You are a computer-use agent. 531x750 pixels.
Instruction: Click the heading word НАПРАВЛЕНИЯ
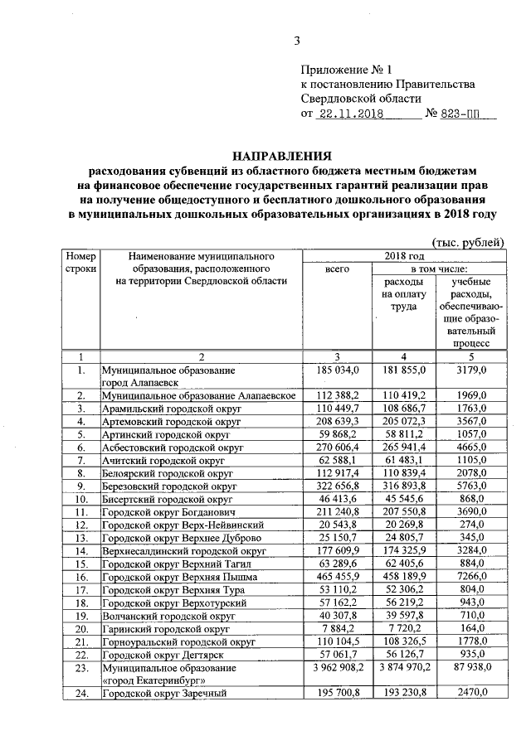click(281, 155)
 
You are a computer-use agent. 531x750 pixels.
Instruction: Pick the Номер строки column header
click(81, 263)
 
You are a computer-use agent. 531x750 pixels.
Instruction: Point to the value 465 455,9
click(339, 576)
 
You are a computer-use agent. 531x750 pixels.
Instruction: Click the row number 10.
click(81, 499)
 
